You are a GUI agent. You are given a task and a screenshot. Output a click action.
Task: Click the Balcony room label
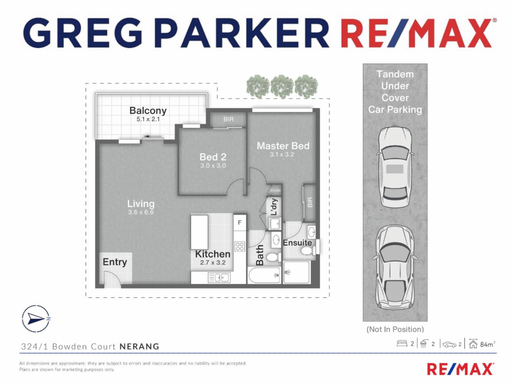coord(148,111)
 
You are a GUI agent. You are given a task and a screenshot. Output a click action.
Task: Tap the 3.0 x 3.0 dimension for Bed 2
coord(213,166)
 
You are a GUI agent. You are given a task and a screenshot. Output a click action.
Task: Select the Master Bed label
coord(283,146)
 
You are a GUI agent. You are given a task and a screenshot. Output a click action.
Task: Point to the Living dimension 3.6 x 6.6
coord(141,212)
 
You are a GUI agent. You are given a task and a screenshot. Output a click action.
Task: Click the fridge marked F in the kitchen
coord(240,223)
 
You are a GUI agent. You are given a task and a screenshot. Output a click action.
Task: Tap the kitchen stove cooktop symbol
coord(240,246)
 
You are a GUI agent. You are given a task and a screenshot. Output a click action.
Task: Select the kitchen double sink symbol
coord(219,277)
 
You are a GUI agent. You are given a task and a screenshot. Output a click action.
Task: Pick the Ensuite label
coord(297,243)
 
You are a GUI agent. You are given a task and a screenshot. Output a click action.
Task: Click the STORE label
coord(275,191)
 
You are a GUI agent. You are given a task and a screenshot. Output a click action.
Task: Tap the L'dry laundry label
coord(274,207)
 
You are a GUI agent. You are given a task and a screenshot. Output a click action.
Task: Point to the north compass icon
coord(36,319)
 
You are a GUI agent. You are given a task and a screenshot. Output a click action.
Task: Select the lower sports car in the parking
coord(395,267)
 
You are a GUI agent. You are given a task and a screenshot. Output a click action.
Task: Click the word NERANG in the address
coord(139,347)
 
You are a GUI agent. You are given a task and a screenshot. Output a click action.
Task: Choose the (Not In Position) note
coord(395,329)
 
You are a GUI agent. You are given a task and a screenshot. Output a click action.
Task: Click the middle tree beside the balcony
coord(282,86)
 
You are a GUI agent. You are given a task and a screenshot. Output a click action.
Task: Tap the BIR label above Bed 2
coord(229,119)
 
